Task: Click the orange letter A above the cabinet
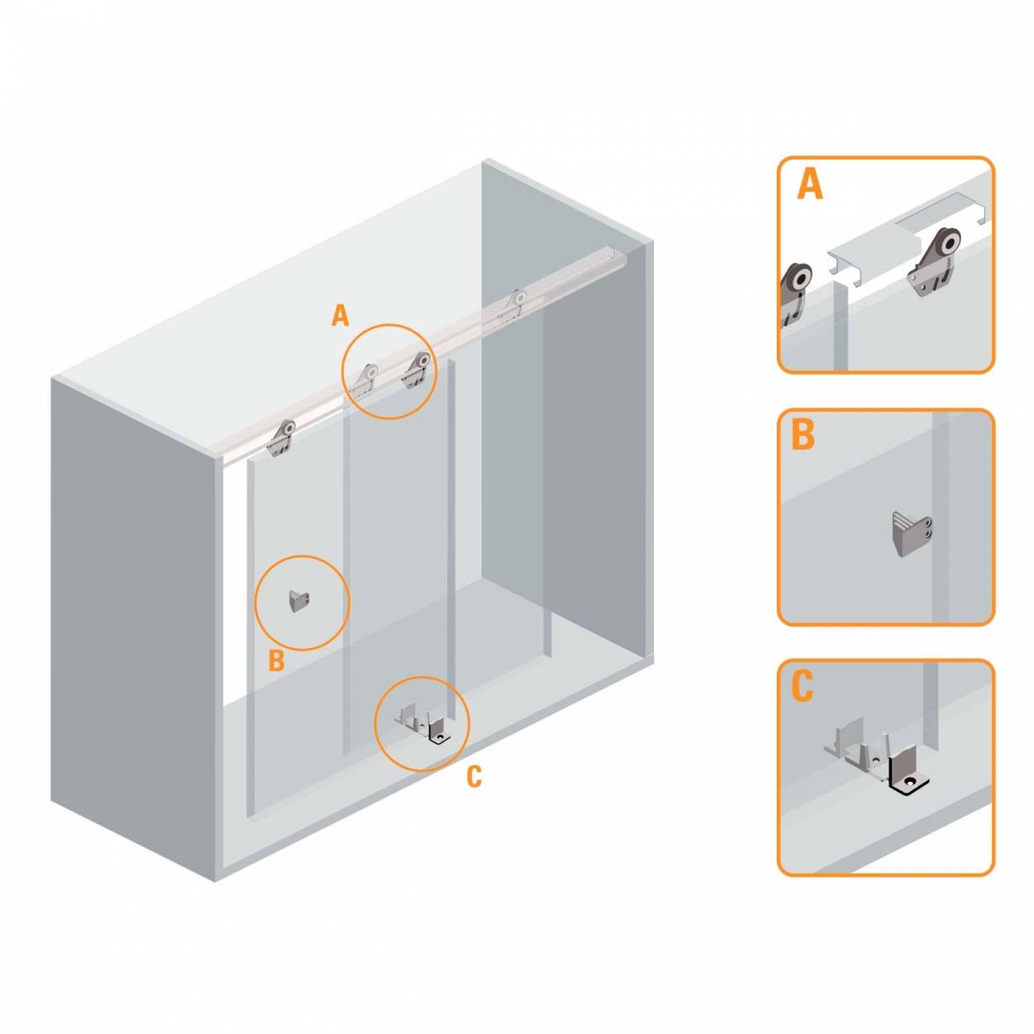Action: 340,316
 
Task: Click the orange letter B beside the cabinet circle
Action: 277,660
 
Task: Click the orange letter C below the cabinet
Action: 474,777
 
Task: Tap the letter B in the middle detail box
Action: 803,434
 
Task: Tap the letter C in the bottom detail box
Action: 802,686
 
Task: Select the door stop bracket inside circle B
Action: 299,600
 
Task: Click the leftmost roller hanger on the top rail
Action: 282,438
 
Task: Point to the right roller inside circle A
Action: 417,370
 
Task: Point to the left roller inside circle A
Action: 366,380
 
